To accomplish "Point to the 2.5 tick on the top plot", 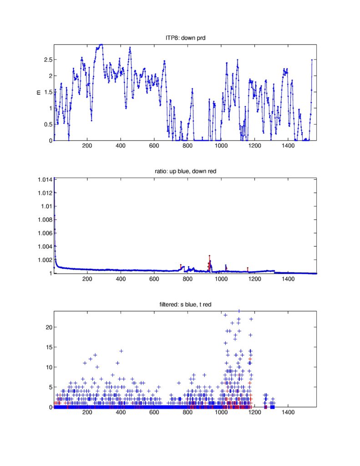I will point(46,60).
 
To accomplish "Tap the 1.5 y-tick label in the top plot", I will point(46,92).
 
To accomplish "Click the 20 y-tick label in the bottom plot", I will point(47,327).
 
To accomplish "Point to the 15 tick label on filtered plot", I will point(47,347).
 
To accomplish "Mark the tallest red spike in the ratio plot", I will point(209,256).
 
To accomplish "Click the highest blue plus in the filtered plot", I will point(239,311).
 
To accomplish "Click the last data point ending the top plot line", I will point(312,60).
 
